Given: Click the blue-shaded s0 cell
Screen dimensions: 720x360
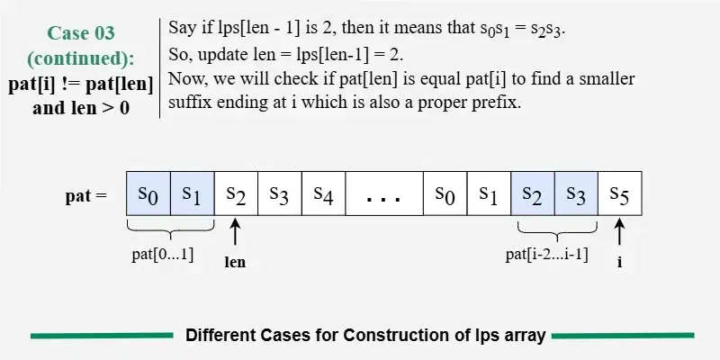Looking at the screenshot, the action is tap(148, 193).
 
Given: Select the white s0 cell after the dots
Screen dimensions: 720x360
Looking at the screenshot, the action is tap(445, 193).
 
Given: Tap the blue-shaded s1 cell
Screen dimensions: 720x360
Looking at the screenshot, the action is tap(192, 193).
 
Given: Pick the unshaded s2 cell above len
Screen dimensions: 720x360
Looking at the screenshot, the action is tap(236, 193).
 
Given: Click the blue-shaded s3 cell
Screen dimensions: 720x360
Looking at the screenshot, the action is tap(576, 193).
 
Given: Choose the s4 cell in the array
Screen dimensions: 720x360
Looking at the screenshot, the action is tap(323, 193).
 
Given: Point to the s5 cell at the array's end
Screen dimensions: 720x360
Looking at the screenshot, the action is tap(620, 193).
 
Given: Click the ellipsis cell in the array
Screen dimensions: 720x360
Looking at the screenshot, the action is tap(383, 193).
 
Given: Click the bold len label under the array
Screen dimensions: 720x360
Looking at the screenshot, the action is tap(236, 264).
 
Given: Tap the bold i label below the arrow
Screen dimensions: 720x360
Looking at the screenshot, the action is tap(620, 264).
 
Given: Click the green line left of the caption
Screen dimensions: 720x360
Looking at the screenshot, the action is tap(102, 336).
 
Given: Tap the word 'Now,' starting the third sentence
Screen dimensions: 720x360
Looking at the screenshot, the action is tap(186, 79).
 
